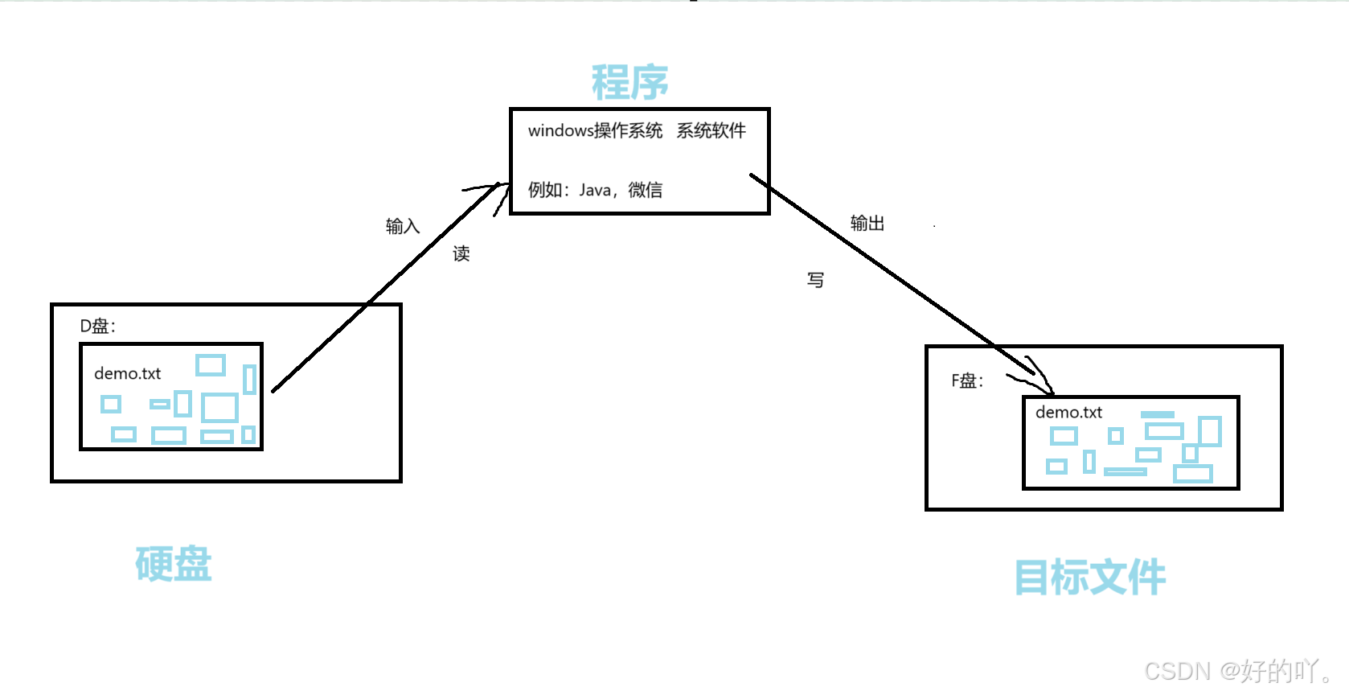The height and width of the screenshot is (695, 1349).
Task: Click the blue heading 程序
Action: pos(629,82)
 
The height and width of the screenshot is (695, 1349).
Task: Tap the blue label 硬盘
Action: pos(173,564)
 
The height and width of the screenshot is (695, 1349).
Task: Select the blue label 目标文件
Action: pos(1089,577)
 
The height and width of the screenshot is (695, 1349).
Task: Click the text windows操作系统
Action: pos(595,130)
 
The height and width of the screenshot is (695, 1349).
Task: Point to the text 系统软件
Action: pos(711,130)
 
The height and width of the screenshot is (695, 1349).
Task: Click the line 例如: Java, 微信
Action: pos(595,190)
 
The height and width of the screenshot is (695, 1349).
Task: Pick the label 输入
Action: pos(402,226)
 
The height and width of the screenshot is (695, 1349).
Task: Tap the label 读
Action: pos(461,254)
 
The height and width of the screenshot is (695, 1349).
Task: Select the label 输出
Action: pos(867,224)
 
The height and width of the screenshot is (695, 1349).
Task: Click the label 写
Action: pos(815,280)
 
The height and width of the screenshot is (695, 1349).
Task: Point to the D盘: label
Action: pos(97,326)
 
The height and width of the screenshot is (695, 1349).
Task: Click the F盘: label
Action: pos(967,380)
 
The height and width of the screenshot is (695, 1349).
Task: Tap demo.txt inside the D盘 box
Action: pos(127,373)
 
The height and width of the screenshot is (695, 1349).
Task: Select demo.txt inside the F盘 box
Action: pos(1068,412)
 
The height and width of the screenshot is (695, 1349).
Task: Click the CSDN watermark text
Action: pos(1236,671)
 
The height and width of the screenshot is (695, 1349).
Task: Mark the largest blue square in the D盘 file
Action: pos(219,408)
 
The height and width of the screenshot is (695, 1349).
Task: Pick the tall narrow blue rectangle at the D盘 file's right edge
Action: pos(249,380)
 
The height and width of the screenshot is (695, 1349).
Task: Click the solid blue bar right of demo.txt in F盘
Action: pos(1158,415)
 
